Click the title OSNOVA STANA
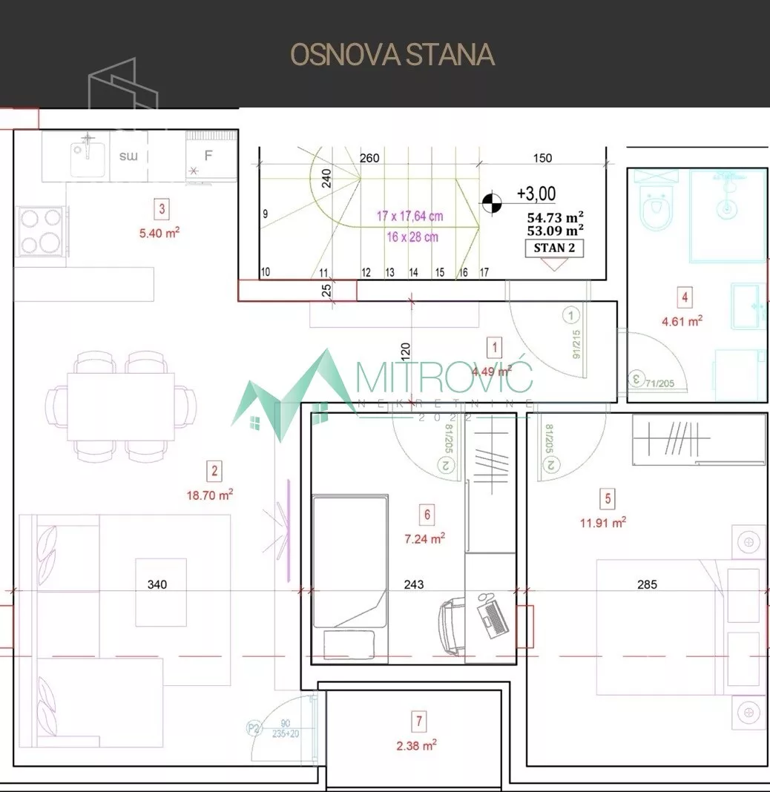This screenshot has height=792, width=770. click(x=392, y=55)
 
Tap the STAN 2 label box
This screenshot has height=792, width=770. click(x=553, y=248)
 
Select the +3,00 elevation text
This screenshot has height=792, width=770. click(x=536, y=194)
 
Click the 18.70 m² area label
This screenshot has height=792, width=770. click(x=210, y=495)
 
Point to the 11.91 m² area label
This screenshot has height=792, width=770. click(x=602, y=522)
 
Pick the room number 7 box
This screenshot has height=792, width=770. click(x=420, y=720)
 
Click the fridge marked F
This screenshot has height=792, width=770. click(x=209, y=156)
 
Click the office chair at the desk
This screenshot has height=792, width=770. click(x=454, y=627)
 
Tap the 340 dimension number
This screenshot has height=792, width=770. click(x=157, y=584)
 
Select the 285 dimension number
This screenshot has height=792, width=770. click(x=647, y=584)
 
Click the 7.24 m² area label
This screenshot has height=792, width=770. click(x=424, y=539)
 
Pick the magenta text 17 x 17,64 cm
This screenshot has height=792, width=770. click(x=409, y=217)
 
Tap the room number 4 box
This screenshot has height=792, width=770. click(x=685, y=298)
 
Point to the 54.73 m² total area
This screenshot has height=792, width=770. click(x=555, y=217)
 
